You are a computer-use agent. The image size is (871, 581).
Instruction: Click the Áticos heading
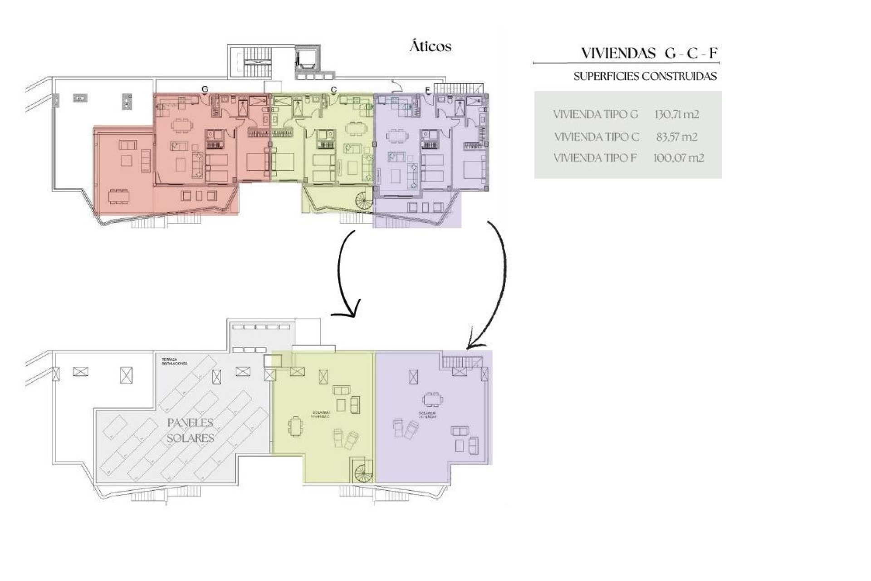click(430, 47)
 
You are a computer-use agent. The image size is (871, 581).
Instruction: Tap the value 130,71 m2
click(676, 114)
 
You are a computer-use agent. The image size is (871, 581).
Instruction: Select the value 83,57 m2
click(676, 137)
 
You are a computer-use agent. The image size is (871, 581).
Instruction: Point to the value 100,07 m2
click(678, 158)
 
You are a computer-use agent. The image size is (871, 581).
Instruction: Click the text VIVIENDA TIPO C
click(597, 137)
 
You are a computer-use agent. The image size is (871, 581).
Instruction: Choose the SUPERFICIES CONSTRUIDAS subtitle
click(645, 76)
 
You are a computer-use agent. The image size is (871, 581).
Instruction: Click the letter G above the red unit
click(205, 89)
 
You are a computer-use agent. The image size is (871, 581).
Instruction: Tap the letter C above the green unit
click(334, 89)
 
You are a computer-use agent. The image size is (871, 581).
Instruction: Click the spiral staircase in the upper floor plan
click(363, 200)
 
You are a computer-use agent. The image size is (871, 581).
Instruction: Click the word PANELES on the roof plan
click(190, 423)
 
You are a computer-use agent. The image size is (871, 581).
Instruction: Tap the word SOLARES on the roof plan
click(190, 438)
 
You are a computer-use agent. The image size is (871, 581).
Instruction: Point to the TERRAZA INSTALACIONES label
click(174, 362)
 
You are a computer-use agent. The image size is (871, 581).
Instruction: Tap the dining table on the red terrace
click(119, 196)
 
